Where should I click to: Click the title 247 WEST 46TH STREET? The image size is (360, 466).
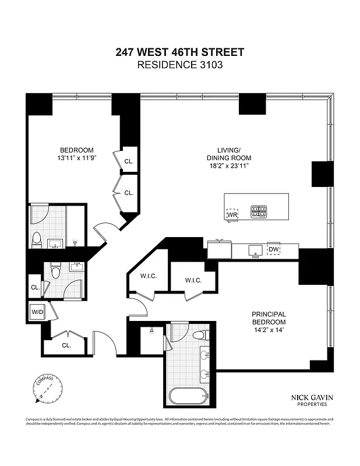click(x=179, y=52)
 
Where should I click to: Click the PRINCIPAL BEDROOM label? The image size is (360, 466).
click(x=269, y=318)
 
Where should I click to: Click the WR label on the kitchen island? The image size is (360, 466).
click(x=232, y=214)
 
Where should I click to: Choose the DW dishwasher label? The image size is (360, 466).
click(x=274, y=249)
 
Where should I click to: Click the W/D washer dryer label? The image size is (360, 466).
click(x=38, y=312)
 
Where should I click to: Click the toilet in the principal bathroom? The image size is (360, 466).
click(x=200, y=334)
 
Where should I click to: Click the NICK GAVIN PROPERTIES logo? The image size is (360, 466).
click(x=309, y=400)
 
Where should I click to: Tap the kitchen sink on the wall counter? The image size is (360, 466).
click(x=255, y=250)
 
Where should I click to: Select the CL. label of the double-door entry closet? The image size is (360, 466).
click(x=66, y=345)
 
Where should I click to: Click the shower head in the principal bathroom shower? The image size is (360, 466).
click(x=151, y=330)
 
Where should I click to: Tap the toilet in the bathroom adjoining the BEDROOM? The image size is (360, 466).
click(x=36, y=238)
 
